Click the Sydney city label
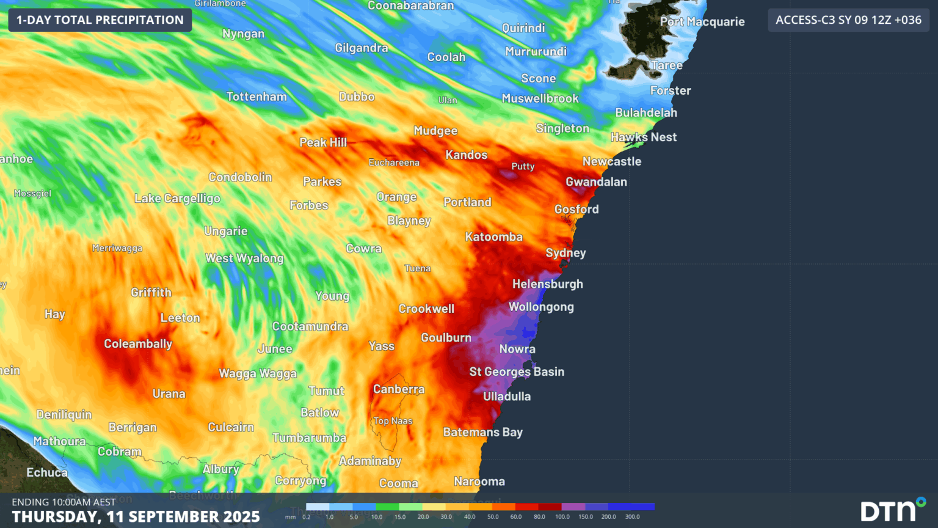[x=565, y=253]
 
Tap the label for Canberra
[x=398, y=389]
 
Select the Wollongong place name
[x=541, y=307]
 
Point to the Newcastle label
[x=611, y=161]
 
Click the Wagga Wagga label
[x=258, y=373]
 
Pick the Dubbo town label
[x=357, y=97]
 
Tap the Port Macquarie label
[x=702, y=21]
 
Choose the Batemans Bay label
[x=482, y=432]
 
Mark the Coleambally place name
[x=138, y=344]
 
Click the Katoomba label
[x=493, y=237]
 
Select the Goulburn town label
[x=446, y=337]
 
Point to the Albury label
[x=220, y=469]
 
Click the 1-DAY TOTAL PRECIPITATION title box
[x=100, y=20]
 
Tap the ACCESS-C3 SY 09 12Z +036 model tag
[x=848, y=20]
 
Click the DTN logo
[x=892, y=510]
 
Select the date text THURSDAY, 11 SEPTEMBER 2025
[x=136, y=516]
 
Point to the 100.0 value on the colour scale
[x=562, y=517]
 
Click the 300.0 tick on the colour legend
[x=633, y=517]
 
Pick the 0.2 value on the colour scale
[x=306, y=517]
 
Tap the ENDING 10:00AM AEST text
[x=64, y=502]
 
